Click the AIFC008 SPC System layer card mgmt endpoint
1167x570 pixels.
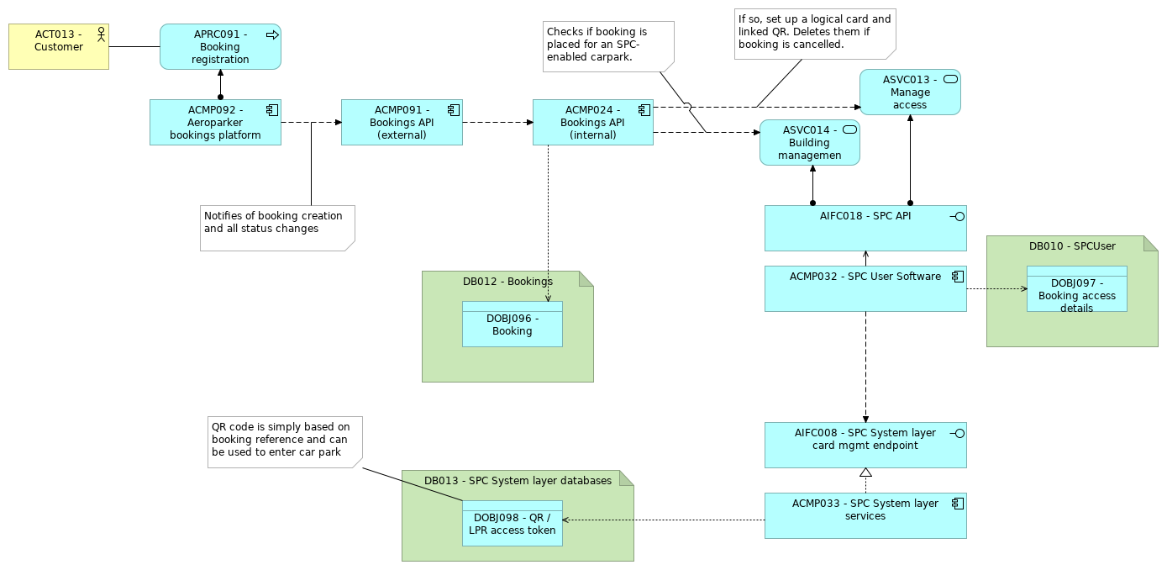(x=865, y=445)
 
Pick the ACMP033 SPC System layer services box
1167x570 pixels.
(x=865, y=515)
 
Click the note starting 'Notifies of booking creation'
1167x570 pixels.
(x=276, y=228)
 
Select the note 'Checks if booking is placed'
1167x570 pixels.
(x=607, y=45)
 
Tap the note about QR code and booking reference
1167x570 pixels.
(x=284, y=441)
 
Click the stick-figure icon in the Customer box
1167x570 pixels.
(x=101, y=34)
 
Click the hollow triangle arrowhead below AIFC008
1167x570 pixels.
(x=865, y=472)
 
